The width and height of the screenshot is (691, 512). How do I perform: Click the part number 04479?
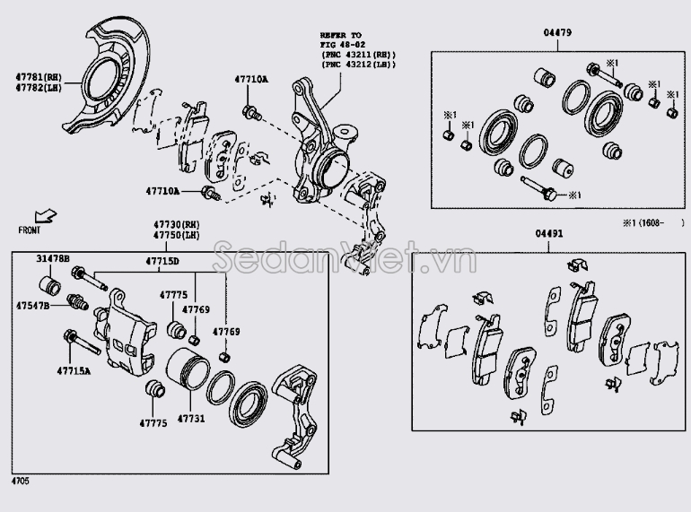[x=556, y=33]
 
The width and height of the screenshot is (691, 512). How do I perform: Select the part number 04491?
[x=549, y=233]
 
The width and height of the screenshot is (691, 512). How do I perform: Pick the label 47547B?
[x=34, y=306]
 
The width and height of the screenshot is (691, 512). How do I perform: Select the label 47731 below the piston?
[x=191, y=419]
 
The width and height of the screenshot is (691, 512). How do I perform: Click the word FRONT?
[x=29, y=230]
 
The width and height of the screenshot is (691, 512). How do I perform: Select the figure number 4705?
[x=20, y=482]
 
